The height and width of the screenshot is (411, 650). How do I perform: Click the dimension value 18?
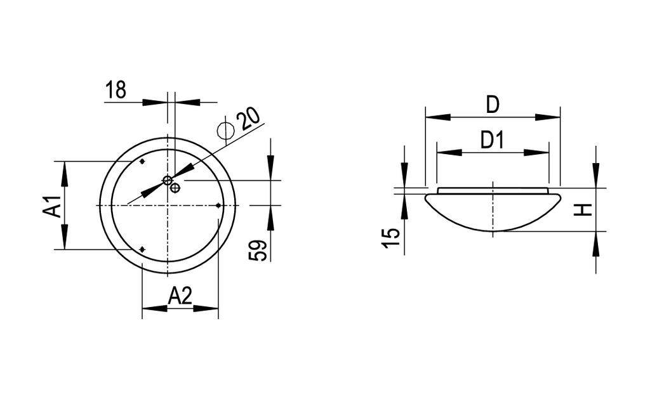point(116,90)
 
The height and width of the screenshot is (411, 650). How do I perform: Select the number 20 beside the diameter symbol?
point(248,119)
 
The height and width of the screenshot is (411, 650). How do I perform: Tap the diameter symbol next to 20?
point(225,130)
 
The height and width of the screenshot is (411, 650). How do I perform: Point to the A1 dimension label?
point(53,206)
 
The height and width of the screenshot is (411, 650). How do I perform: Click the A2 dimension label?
point(180,296)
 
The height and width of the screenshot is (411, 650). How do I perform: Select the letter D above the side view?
point(493,105)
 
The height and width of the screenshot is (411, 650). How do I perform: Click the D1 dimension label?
point(493,140)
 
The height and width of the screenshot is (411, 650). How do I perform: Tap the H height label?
point(583,209)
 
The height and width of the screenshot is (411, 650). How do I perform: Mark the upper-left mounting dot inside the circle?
point(142,162)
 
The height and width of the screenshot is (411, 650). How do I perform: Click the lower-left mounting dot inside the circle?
point(142,250)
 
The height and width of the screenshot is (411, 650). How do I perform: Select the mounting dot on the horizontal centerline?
point(218,205)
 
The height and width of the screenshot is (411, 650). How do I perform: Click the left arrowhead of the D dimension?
point(437,117)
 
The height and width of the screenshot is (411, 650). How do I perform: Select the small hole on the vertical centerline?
point(168,181)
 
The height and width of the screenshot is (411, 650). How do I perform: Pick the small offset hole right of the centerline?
point(175,187)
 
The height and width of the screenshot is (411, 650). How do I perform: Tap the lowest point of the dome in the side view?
point(493,231)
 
